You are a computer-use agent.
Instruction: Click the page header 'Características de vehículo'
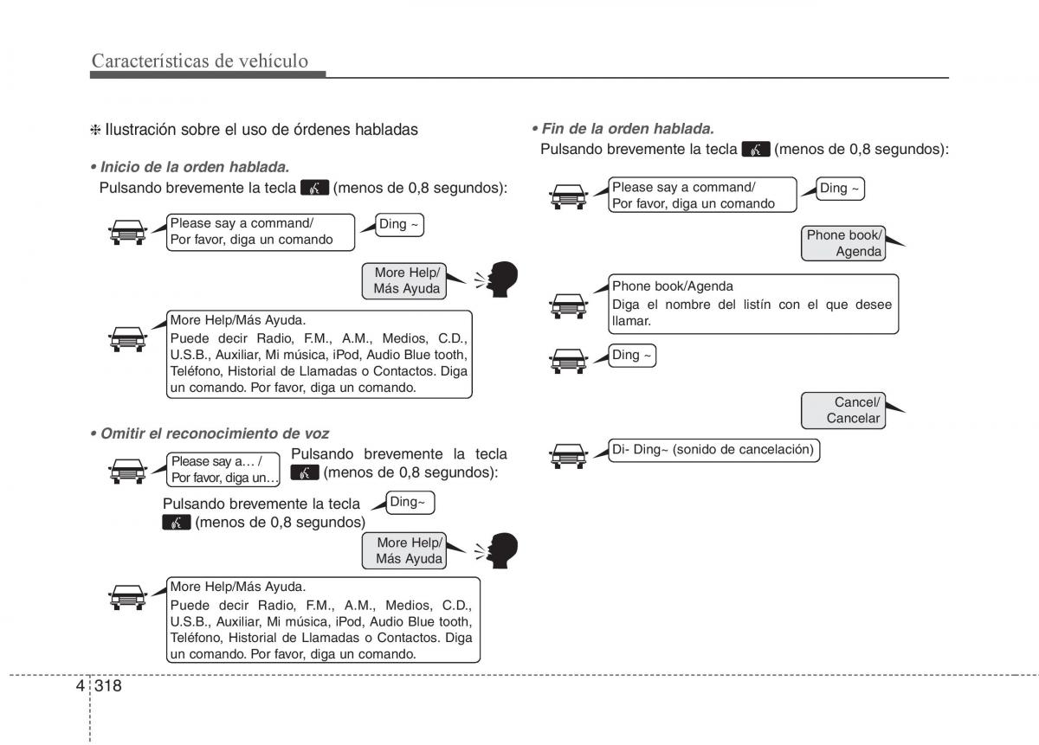(x=199, y=61)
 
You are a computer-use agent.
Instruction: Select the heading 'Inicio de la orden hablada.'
(x=194, y=166)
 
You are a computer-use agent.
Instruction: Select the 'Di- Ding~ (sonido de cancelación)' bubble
(x=713, y=450)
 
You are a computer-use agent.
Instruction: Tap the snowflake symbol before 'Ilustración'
(x=96, y=131)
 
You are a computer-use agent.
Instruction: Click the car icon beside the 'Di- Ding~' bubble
(x=568, y=456)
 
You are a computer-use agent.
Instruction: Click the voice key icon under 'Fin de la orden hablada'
(x=756, y=150)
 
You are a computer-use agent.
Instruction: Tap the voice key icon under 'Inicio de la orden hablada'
(x=314, y=188)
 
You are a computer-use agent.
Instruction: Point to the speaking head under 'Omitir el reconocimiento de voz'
(x=500, y=550)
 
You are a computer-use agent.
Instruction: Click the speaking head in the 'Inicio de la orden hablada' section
(x=500, y=279)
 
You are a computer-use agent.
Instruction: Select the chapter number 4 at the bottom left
(x=80, y=686)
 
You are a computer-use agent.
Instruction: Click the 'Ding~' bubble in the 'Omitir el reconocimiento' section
(x=409, y=502)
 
